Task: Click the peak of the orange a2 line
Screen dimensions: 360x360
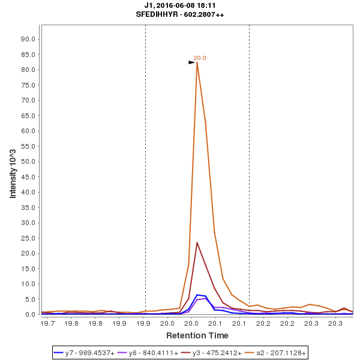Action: click(x=197, y=62)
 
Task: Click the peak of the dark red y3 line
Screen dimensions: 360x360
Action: click(x=197, y=242)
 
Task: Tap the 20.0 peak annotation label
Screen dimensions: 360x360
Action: click(x=200, y=58)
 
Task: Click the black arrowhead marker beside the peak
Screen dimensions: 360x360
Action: click(x=192, y=62)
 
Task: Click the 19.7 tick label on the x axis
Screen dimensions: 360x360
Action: click(x=48, y=323)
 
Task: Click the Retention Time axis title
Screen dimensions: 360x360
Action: click(x=197, y=335)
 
